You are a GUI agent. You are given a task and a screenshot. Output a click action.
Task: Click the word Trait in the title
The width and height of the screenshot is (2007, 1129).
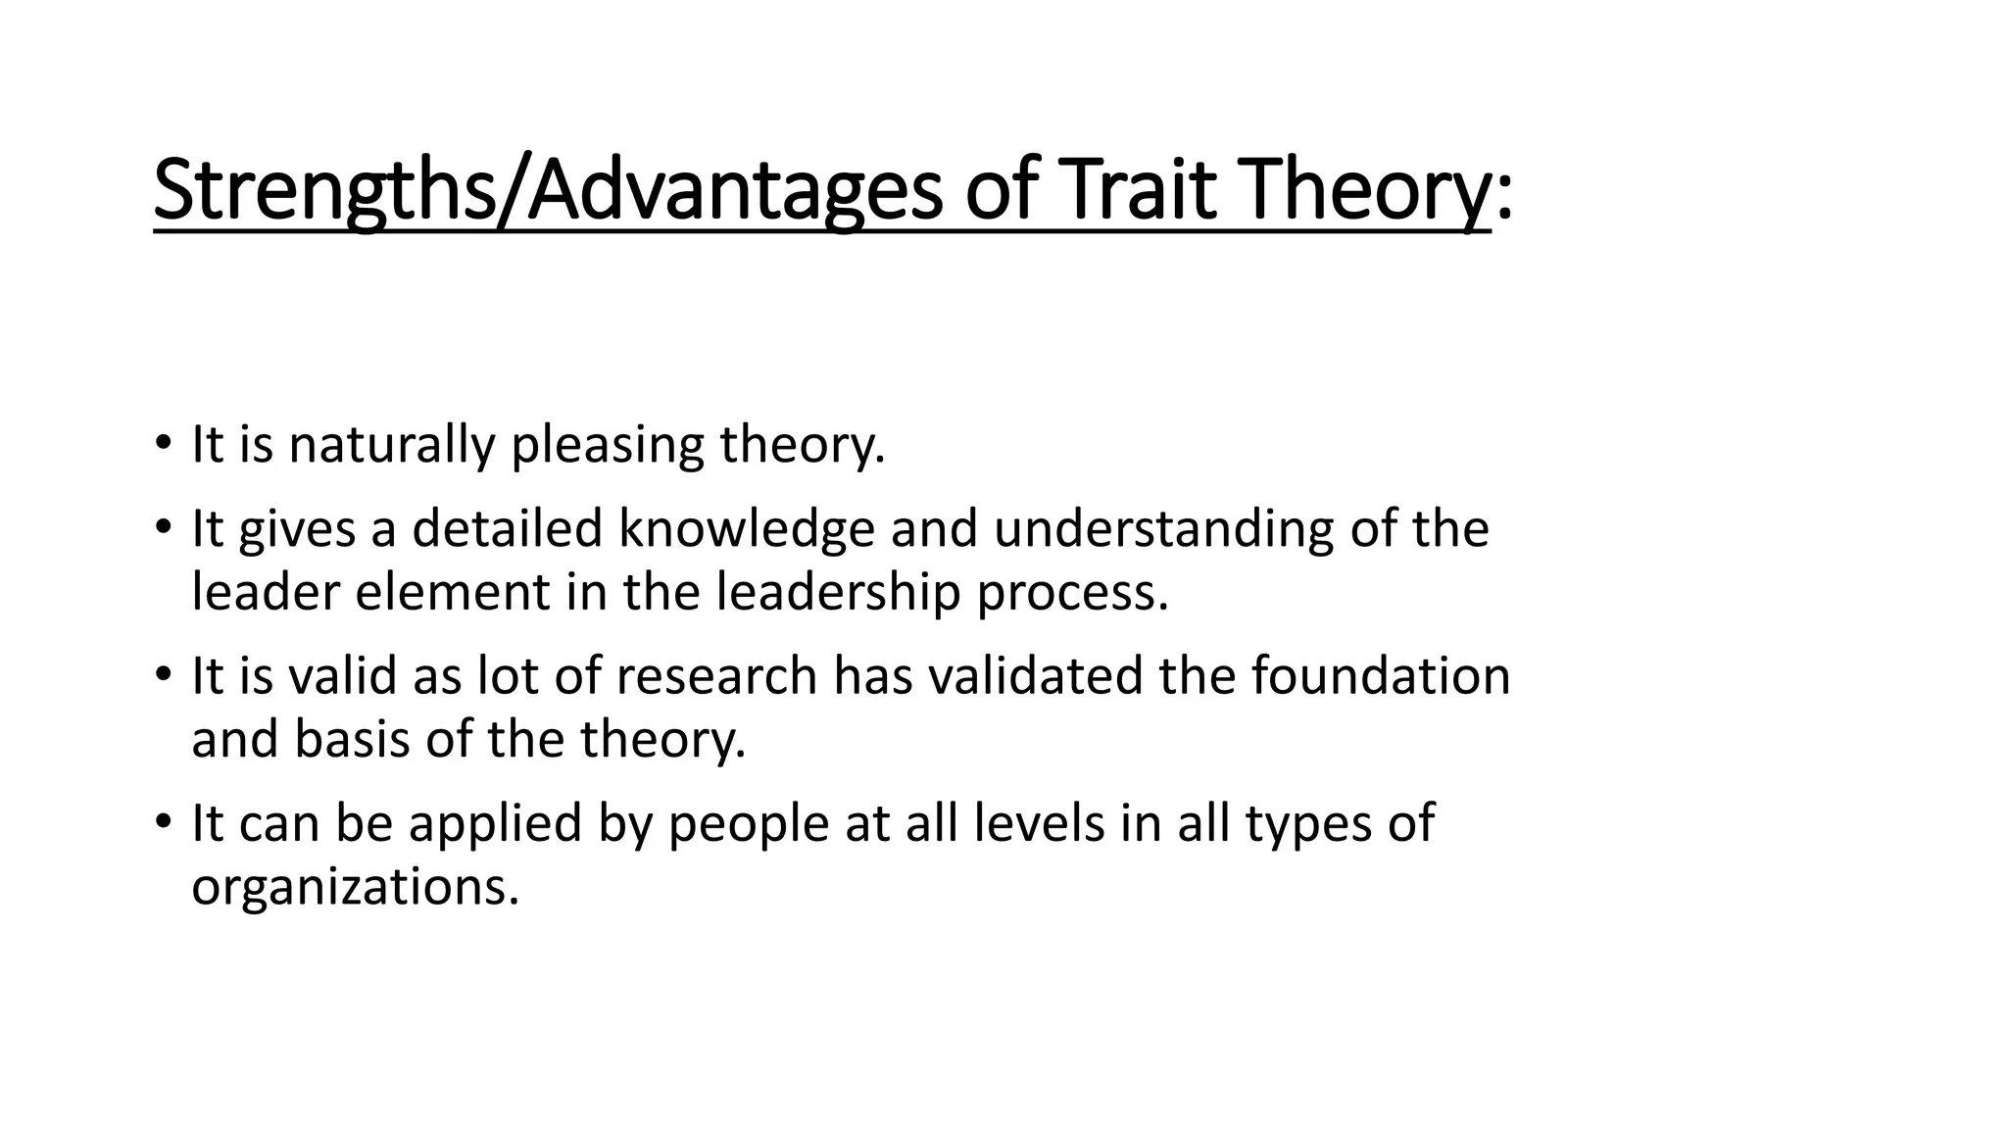[1138, 190]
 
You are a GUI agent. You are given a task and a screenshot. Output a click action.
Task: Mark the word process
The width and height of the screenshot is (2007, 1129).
[1072, 594]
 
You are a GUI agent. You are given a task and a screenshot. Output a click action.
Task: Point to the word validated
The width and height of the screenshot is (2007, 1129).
[1022, 676]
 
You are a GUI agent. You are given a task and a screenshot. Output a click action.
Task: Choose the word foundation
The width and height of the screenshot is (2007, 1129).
[1381, 676]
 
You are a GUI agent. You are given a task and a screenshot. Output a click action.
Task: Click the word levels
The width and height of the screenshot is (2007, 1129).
[1040, 823]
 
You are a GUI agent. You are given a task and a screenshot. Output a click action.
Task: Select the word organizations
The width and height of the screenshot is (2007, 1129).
[355, 887]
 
